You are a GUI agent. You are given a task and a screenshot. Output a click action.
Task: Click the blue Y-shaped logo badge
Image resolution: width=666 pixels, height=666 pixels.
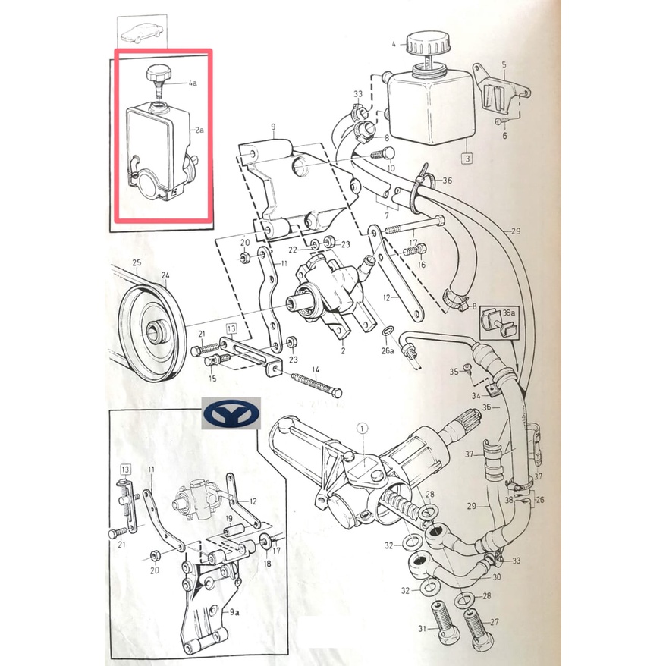coord(232,413)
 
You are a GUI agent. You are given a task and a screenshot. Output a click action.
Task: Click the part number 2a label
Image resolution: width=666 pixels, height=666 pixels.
coord(199,130)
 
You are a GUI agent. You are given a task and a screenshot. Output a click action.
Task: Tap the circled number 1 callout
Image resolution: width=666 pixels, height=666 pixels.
coord(363,430)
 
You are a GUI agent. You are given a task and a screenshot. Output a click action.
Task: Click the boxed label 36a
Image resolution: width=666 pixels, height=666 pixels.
coord(509,312)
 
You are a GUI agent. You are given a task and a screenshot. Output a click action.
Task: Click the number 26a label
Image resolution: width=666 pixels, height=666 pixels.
coord(388,351)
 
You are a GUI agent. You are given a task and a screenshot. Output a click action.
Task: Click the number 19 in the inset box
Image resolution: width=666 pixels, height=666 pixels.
coord(227,520)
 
